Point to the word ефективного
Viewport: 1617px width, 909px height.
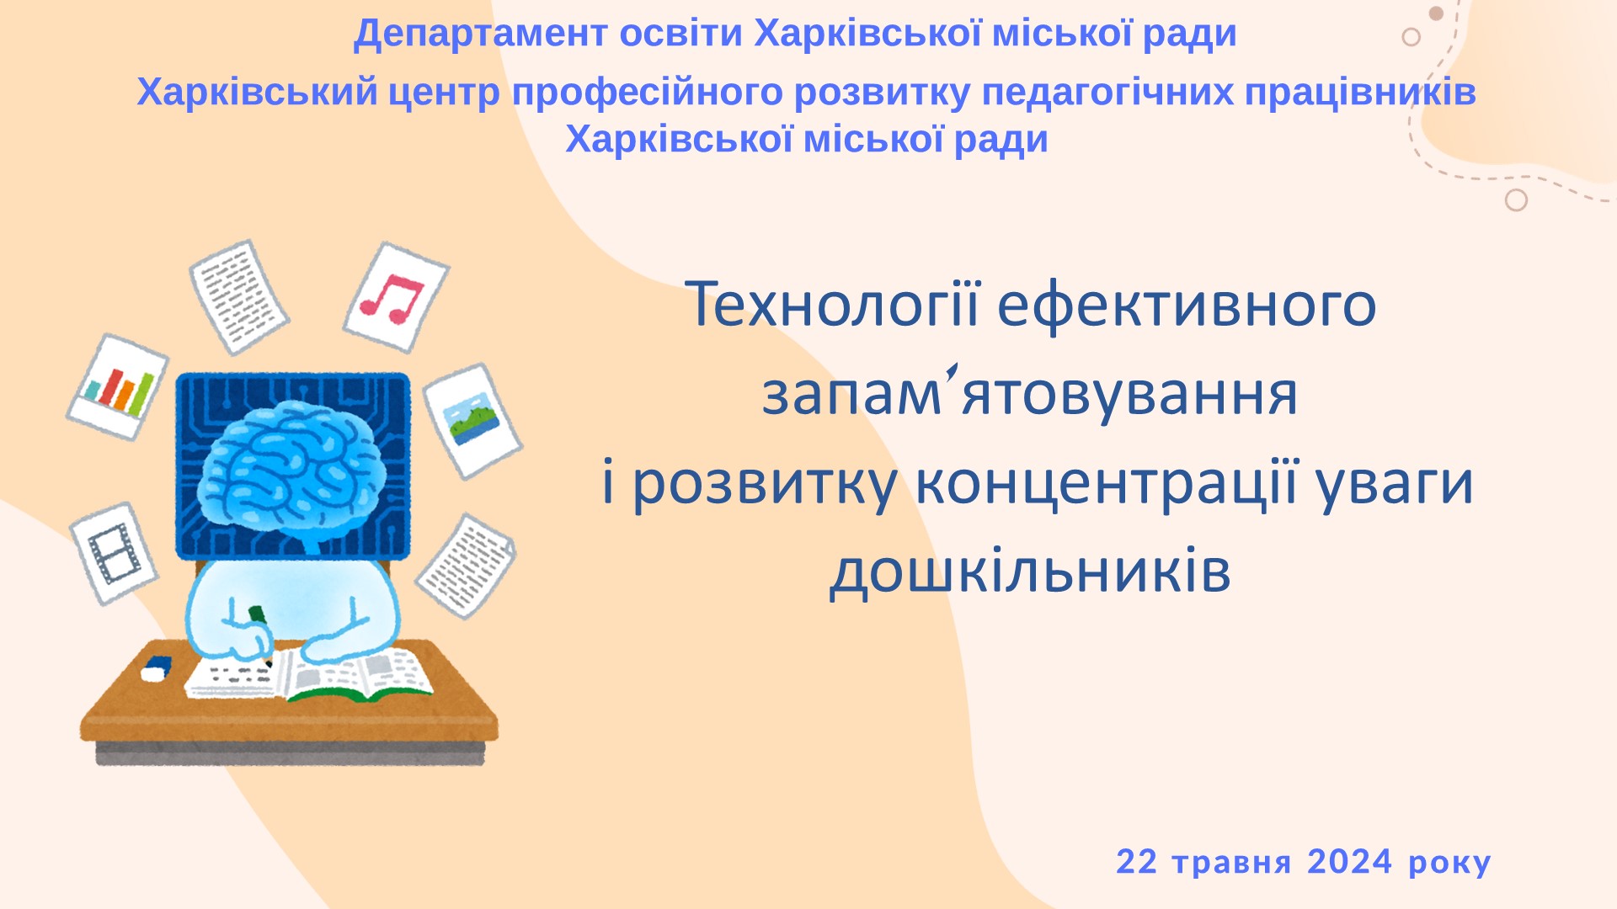point(1187,306)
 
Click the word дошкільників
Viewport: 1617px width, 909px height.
point(1030,571)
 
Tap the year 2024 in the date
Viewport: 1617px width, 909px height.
point(1349,862)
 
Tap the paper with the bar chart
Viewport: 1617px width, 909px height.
point(117,387)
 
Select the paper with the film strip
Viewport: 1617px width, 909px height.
point(114,553)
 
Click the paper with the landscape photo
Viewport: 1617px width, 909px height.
point(472,421)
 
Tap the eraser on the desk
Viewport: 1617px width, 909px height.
point(156,668)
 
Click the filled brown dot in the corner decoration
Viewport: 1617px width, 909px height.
point(1437,13)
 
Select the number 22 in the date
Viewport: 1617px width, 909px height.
point(1136,862)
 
